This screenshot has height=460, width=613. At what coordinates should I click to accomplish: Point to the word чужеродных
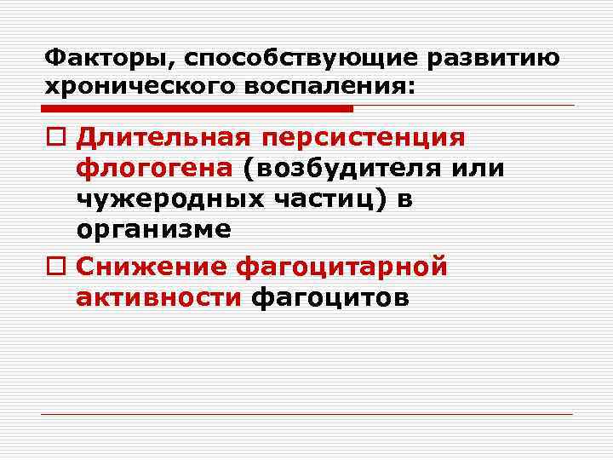click(x=170, y=198)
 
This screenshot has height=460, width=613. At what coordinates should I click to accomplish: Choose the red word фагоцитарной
click(x=341, y=267)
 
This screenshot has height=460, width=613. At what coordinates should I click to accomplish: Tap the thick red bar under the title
click(x=197, y=109)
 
